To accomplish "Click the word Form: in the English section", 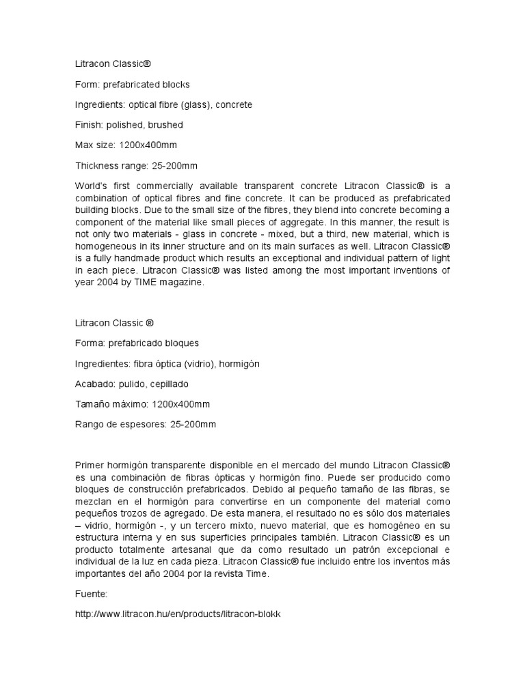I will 86,85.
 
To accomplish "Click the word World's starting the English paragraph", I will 90,186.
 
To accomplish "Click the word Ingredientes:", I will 104,364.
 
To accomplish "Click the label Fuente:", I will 90,594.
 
